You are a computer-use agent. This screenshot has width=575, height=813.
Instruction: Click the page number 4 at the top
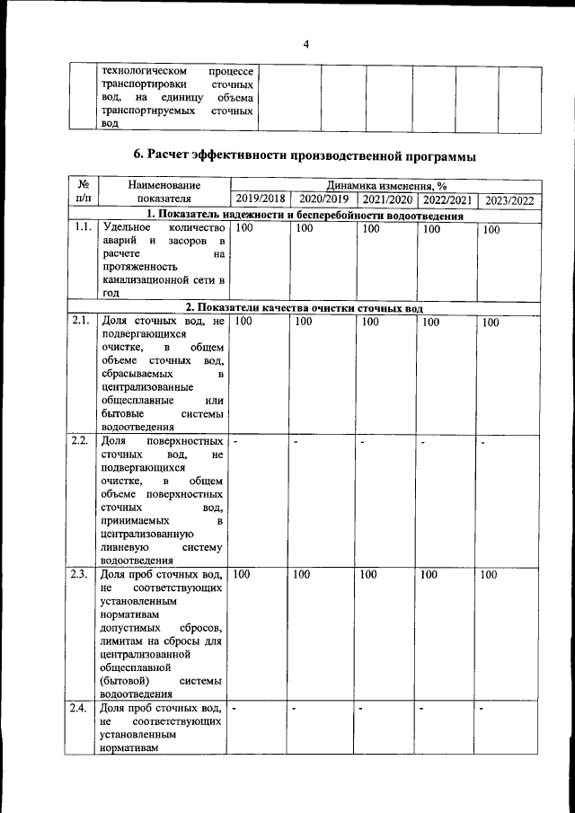(305, 44)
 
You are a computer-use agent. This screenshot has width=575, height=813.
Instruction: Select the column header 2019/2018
(259, 199)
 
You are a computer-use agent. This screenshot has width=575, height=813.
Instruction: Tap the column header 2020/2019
(323, 199)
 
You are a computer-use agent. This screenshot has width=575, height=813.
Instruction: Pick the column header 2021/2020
(387, 199)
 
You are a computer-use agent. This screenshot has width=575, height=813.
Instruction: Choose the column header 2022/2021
(447, 199)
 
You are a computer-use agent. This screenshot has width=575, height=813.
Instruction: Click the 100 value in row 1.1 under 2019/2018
(243, 229)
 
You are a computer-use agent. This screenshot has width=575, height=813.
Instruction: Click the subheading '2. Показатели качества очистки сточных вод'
(304, 307)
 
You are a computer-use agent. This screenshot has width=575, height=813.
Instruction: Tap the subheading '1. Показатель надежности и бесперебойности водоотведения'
(304, 215)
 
